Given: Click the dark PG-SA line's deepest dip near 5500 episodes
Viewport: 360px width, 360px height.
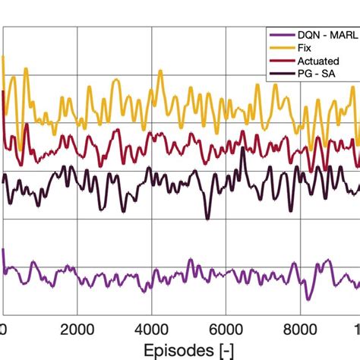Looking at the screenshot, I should click(207, 218).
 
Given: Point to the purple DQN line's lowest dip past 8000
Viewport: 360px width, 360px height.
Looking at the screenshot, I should click(308, 298).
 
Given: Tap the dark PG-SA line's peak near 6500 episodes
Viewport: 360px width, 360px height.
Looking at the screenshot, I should click(242, 149).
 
